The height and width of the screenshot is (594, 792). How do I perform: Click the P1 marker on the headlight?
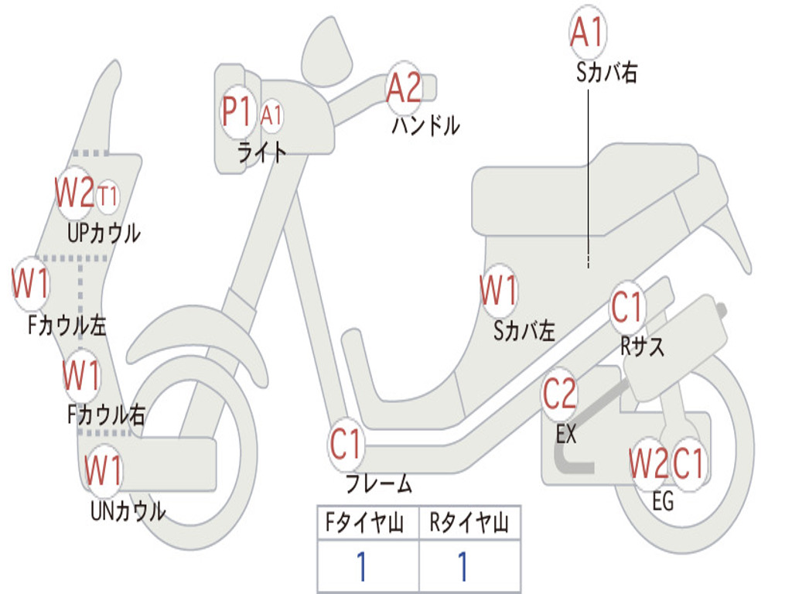point(237,112)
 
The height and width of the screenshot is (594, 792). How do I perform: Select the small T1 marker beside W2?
point(108,196)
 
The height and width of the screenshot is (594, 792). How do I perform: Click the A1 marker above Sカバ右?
point(587,33)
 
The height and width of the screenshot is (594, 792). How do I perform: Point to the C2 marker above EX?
point(559,394)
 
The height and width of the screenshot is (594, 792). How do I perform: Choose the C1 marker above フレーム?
point(346,445)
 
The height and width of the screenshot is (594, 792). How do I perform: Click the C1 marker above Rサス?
point(627,308)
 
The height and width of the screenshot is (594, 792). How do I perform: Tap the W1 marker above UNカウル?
point(104,470)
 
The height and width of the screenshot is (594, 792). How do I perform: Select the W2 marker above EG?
point(647,464)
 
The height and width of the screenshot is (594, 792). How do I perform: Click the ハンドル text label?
point(425,125)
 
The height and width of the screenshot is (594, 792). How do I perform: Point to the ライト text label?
point(261,152)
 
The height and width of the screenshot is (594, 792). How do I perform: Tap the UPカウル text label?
point(104,232)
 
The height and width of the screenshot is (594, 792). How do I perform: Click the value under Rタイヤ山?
point(463,567)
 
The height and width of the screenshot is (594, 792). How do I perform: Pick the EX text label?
point(566,434)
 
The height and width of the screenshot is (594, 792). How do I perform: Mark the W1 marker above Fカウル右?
point(81,376)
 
